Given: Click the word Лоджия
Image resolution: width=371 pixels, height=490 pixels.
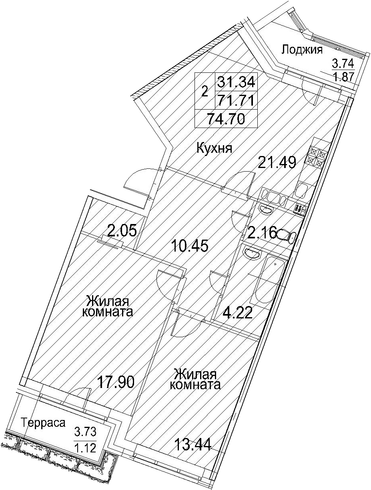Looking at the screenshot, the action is click(x=302, y=50).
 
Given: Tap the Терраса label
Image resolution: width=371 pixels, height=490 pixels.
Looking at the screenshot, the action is click(x=43, y=423).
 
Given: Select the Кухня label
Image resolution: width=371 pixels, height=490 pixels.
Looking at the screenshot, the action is click(x=214, y=148).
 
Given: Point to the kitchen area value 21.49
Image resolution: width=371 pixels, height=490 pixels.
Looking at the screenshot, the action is click(x=277, y=162).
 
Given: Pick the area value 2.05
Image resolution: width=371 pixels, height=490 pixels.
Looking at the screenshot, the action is click(x=122, y=231).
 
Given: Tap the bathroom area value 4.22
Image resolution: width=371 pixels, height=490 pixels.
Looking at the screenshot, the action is click(x=238, y=313).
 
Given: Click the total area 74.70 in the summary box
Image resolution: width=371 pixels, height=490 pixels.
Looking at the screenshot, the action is click(x=226, y=118).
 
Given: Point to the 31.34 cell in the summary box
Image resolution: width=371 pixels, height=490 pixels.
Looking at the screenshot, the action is click(x=236, y=82).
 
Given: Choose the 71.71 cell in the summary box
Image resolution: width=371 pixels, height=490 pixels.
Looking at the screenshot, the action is click(x=236, y=100).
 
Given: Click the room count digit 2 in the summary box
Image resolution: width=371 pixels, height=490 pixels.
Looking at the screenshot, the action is click(x=205, y=91).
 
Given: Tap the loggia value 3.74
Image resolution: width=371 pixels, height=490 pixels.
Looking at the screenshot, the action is click(x=343, y=64).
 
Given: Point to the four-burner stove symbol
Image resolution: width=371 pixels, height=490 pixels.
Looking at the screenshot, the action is click(x=316, y=156).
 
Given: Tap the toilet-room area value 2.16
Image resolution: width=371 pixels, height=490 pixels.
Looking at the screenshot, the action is click(x=263, y=233).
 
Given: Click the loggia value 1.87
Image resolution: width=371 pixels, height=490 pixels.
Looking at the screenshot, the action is click(x=343, y=77).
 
